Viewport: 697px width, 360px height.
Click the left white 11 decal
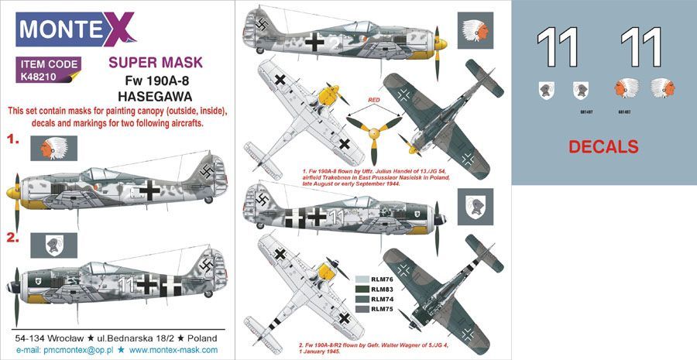(x=558, y=47)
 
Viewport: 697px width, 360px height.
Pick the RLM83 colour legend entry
(x=378, y=289)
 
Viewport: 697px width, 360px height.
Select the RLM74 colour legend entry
(x=378, y=300)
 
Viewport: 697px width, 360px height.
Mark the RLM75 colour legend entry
(x=378, y=310)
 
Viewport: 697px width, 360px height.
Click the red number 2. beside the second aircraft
(x=13, y=239)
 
